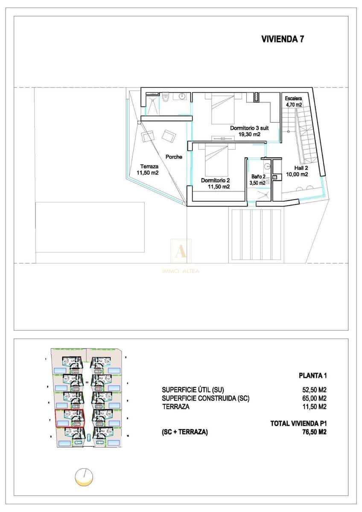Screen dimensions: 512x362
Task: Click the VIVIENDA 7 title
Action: [282, 39]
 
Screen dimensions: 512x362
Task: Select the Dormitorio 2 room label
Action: [216, 180]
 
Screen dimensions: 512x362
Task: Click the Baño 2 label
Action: [258, 176]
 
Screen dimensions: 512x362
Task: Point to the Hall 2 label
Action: [297, 168]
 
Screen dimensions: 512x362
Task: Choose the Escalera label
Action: [294, 98]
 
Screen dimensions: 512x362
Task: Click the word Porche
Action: [174, 157]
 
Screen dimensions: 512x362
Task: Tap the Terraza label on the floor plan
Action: [149, 167]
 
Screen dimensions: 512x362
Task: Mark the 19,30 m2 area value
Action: [249, 134]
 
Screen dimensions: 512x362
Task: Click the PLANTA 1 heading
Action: [312, 376]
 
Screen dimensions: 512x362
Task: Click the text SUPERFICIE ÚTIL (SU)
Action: [193, 390]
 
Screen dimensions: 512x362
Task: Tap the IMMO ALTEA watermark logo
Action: [181, 256]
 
